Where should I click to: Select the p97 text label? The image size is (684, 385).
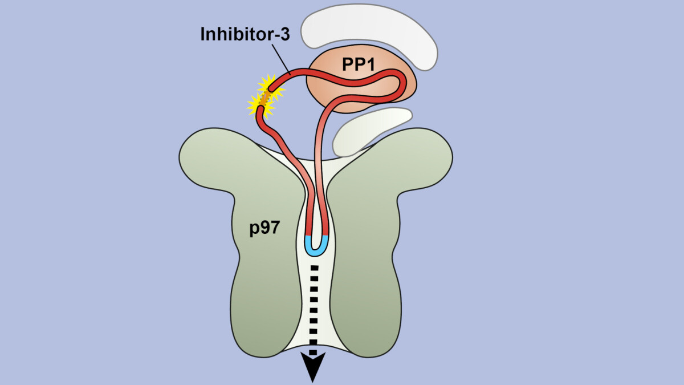tap(263, 229)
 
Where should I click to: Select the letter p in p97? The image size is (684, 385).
tap(254, 230)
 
